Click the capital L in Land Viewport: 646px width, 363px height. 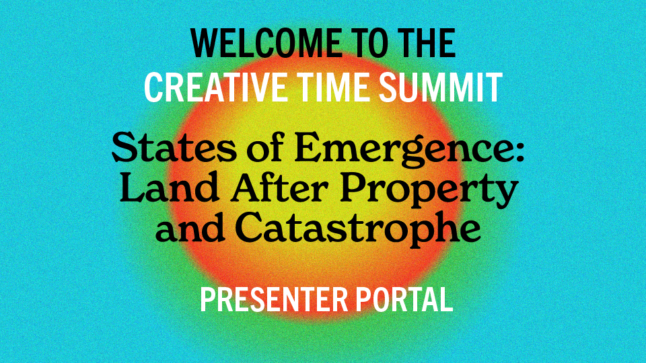[131, 189]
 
